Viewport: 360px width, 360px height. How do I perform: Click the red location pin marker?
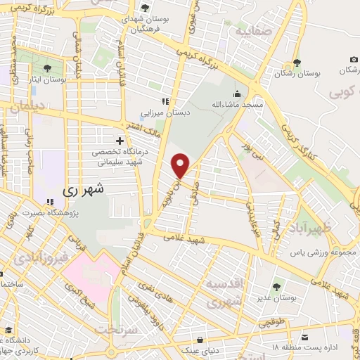(x=181, y=166)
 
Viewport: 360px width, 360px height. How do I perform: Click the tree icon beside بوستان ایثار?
(x=47, y=68)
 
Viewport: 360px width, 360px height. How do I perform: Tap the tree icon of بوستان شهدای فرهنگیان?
(x=145, y=8)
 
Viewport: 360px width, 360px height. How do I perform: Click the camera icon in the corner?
(x=352, y=60)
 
